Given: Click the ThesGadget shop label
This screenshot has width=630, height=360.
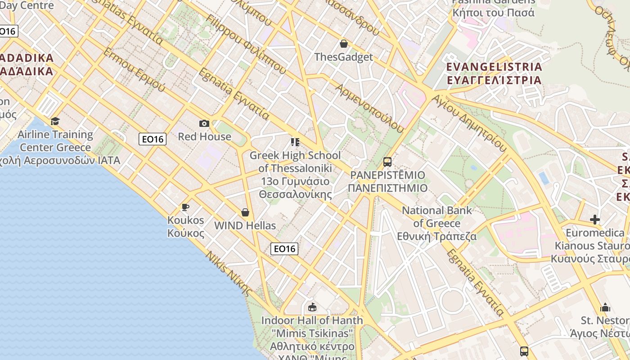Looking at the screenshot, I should [x=344, y=57].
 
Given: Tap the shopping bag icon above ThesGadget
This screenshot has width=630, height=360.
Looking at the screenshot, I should [x=344, y=44].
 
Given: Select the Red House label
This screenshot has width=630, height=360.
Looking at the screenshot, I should [x=204, y=136].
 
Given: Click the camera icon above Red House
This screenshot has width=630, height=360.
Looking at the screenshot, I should [x=204, y=123].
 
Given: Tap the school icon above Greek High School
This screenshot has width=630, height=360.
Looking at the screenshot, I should [x=295, y=143].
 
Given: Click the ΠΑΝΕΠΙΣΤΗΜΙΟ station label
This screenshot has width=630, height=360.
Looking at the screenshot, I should [x=387, y=188].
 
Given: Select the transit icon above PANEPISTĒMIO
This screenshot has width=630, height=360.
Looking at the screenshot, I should [x=387, y=162].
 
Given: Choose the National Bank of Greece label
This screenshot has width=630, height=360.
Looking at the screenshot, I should [x=437, y=223].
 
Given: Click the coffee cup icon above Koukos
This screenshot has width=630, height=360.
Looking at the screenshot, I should [x=185, y=207].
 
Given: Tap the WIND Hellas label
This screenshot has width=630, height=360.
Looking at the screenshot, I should [x=245, y=225].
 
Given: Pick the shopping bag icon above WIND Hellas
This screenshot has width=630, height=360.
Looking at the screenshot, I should [x=245, y=212].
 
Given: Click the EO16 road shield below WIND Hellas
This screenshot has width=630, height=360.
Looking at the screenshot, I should [x=284, y=248].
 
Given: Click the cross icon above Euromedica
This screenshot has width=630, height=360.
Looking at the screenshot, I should [x=595, y=220].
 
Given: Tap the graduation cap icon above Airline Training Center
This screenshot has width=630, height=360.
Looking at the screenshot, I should [x=55, y=121].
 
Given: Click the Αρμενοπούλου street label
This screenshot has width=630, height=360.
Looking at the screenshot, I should [x=369, y=108].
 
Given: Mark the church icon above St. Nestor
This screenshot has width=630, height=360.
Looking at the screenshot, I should [x=605, y=307].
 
